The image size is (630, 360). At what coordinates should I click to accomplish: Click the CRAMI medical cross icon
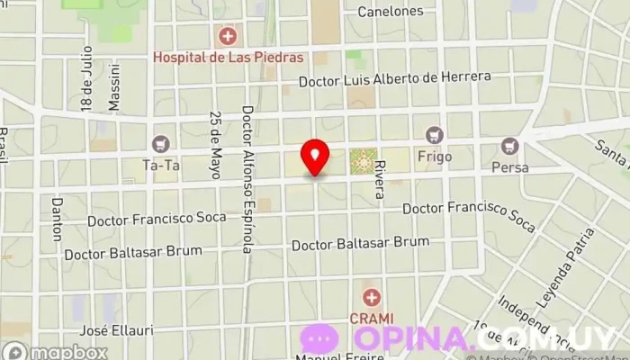(x=371, y=297)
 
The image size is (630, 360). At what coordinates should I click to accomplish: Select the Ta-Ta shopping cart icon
(x=161, y=143)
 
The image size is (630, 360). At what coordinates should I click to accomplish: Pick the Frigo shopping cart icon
(x=436, y=135)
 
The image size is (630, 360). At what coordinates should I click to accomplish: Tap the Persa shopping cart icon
(x=510, y=145)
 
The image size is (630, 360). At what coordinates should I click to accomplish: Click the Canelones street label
(x=390, y=12)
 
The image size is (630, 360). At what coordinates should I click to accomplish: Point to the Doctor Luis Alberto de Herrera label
(x=395, y=79)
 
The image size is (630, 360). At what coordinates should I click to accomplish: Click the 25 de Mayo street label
(x=215, y=145)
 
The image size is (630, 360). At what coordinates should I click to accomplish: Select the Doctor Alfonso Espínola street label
(x=247, y=179)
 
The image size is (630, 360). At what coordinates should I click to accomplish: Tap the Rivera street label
(x=380, y=179)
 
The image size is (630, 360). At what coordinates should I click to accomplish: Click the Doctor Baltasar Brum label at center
(x=360, y=243)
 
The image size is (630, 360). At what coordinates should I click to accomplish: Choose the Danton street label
(x=57, y=220)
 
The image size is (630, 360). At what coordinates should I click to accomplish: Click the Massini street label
(x=114, y=87)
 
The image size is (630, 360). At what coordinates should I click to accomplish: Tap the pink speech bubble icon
(x=319, y=339)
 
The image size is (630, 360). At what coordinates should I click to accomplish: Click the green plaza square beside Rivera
(x=364, y=161)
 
